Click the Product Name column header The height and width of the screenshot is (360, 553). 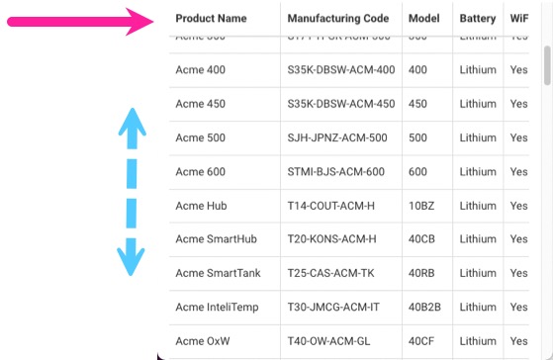211,19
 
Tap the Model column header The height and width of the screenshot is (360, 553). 423,19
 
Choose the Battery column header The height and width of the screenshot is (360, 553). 478,19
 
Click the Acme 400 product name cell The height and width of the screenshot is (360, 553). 200,70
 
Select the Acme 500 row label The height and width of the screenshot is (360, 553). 200,137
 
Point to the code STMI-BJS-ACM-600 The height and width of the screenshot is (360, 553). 335,171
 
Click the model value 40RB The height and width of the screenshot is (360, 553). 422,273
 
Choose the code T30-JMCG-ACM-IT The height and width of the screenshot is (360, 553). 333,307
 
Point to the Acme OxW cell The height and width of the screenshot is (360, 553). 202,340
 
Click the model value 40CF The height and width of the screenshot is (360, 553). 421,340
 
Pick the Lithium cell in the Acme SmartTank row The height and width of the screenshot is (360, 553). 478,273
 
